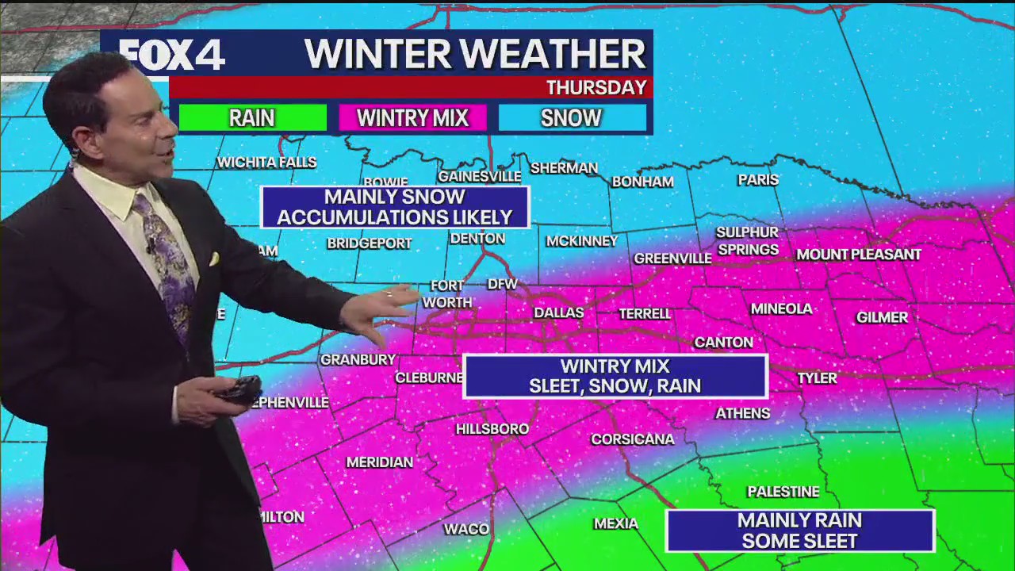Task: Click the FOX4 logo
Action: [173, 54]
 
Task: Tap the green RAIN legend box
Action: [252, 118]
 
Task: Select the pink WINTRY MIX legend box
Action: [412, 118]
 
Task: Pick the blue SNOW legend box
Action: [572, 118]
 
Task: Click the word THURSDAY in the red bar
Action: [596, 87]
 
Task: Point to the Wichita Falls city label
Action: [266, 163]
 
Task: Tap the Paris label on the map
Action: [758, 180]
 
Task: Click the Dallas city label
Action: [558, 312]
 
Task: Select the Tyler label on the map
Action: [817, 378]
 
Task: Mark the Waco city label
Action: [466, 529]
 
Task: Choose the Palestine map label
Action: [783, 492]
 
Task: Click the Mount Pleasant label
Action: [858, 255]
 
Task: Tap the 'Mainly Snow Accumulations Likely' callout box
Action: [395, 207]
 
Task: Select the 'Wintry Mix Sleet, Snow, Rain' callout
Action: [615, 376]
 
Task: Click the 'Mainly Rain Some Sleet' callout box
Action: [799, 531]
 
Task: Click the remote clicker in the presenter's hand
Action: [238, 389]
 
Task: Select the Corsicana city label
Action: [632, 439]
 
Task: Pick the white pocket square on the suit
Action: [213, 259]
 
